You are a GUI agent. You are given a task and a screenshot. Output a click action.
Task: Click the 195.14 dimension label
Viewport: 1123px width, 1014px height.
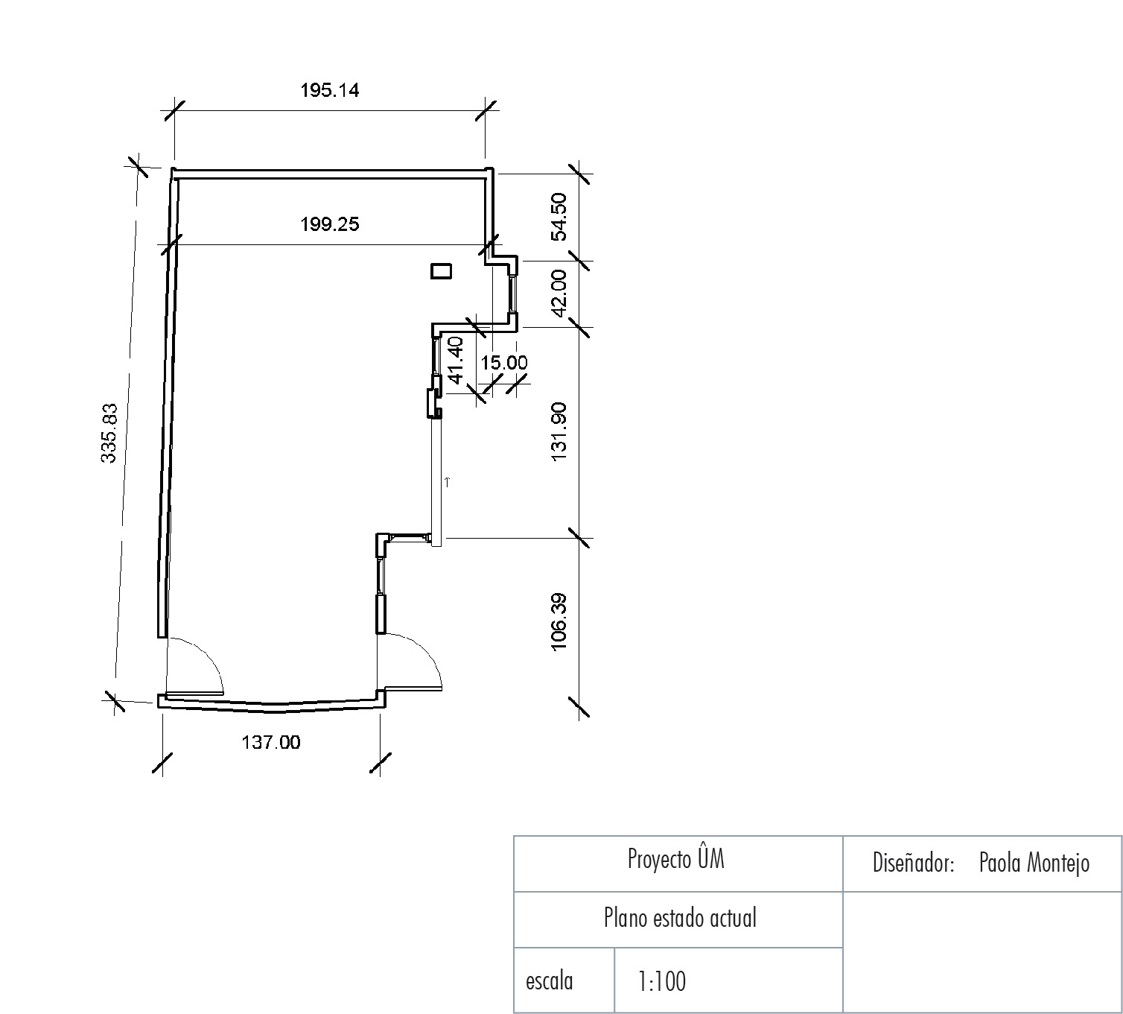(330, 90)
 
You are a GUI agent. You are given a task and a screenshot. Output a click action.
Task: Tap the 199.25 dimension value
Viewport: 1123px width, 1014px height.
(330, 225)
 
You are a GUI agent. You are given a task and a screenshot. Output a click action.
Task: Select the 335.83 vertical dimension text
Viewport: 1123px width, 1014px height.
(109, 432)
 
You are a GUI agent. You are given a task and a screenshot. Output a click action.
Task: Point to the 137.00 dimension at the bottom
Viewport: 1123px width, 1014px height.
(271, 742)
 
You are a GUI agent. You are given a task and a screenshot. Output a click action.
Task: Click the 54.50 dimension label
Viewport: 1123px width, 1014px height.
(559, 217)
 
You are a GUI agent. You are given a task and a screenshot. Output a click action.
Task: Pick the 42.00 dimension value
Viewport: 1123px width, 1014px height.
(559, 293)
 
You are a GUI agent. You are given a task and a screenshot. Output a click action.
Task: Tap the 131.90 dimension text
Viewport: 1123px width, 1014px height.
(559, 432)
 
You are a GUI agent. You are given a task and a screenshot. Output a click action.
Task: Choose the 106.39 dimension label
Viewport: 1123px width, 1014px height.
(559, 621)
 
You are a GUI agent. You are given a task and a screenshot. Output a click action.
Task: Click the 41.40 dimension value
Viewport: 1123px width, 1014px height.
(456, 360)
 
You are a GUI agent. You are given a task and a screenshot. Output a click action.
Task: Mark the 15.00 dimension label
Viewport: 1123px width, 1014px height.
(504, 363)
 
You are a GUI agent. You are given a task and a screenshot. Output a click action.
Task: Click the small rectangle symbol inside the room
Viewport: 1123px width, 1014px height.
(441, 271)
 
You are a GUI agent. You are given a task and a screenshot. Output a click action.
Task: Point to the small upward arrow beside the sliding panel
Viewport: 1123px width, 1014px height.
(448, 481)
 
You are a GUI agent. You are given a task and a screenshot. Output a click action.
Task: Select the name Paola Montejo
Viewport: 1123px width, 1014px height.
(1034, 863)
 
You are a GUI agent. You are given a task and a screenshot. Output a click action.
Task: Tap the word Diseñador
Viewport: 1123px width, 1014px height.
(913, 863)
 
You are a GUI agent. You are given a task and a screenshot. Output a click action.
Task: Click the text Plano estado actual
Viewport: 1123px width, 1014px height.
(680, 918)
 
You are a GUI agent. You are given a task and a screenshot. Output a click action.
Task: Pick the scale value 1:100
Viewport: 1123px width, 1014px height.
(662, 981)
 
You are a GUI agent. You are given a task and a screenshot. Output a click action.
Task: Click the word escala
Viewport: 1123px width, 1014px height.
(549, 981)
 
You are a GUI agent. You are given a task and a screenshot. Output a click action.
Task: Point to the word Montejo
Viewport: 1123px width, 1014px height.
(1058, 863)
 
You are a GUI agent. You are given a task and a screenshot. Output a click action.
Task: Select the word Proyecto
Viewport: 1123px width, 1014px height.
(659, 859)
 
